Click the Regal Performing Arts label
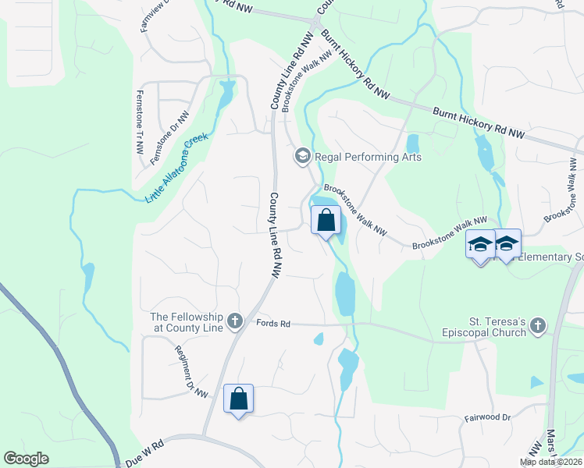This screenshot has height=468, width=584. tap(368, 157)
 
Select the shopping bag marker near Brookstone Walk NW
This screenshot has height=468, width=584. tap(326, 221)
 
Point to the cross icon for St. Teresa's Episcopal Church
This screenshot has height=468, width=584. tap(537, 328)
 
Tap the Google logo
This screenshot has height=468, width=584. tap(27, 459)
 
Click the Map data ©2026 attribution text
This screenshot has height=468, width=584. tap(551, 462)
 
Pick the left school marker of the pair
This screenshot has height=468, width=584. tap(480, 245)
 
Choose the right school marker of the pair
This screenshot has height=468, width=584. tap(507, 245)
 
